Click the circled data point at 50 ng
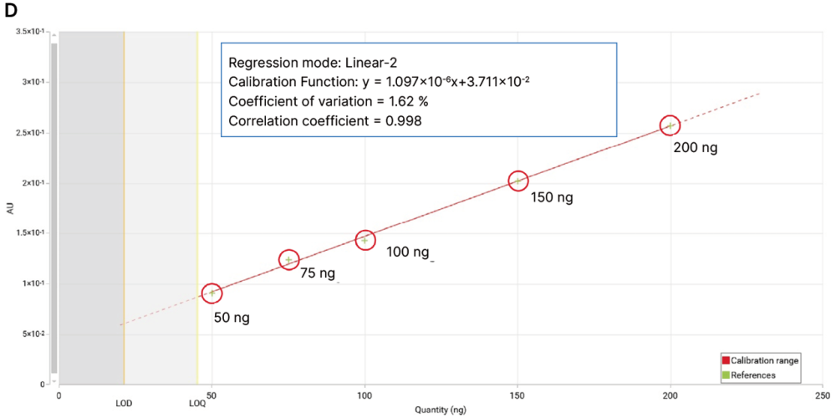click(x=212, y=293)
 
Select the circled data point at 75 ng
click(x=288, y=260)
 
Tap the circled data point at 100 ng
click(x=364, y=240)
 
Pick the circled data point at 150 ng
click(x=518, y=181)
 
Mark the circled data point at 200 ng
click(x=670, y=125)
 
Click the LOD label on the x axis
click(x=124, y=403)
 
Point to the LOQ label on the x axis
click(x=197, y=403)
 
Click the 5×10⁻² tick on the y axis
click(x=33, y=334)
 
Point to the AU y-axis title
click(x=10, y=208)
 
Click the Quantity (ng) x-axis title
click(x=440, y=410)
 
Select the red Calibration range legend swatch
click(x=726, y=360)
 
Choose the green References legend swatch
click(x=726, y=375)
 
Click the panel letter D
click(x=9, y=9)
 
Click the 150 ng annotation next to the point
click(x=552, y=198)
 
